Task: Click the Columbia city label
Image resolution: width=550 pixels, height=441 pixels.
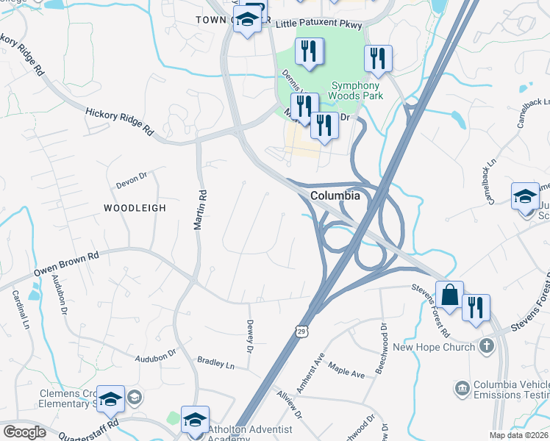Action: [x=335, y=196]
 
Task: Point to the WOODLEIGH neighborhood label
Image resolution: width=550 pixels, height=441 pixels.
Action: [x=135, y=208]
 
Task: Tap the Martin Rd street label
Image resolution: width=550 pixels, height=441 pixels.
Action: [x=198, y=209]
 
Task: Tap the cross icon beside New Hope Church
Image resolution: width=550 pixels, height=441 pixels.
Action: [x=485, y=345]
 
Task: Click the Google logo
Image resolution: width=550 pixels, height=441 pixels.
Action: [x=24, y=431]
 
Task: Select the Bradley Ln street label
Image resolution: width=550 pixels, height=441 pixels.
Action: [x=215, y=363]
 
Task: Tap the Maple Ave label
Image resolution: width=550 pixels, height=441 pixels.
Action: [x=346, y=373]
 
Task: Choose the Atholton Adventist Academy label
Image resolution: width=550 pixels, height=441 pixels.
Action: [x=250, y=434]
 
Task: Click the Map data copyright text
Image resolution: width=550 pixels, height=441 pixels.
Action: [x=519, y=435]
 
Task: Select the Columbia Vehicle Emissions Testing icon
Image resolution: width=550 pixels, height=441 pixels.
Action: [x=462, y=387]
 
